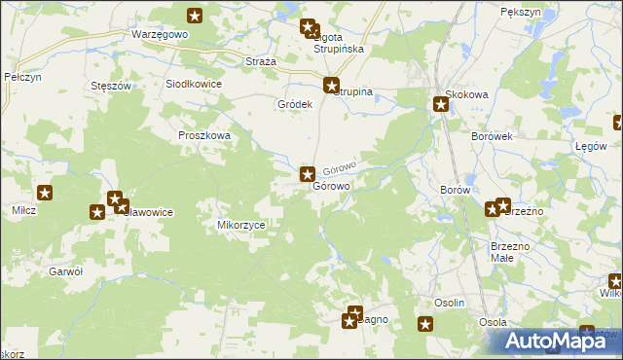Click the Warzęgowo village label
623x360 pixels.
pyautogui.click(x=159, y=34)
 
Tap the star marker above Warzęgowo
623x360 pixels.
pyautogui.click(x=195, y=15)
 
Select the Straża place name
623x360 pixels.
pyautogui.click(x=261, y=60)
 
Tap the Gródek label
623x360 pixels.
pyautogui.click(x=295, y=104)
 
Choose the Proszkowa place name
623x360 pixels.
pyautogui.click(x=203, y=136)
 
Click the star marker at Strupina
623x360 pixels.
pyautogui.click(x=332, y=85)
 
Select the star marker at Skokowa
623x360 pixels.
pyautogui.click(x=440, y=104)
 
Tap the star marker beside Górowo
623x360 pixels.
pyautogui.click(x=307, y=175)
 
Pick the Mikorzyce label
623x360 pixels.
pyautogui.click(x=240, y=224)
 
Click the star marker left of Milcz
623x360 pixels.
pyautogui.click(x=45, y=194)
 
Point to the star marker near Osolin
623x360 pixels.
pyautogui.click(x=425, y=325)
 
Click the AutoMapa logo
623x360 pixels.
pyautogui.click(x=560, y=341)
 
